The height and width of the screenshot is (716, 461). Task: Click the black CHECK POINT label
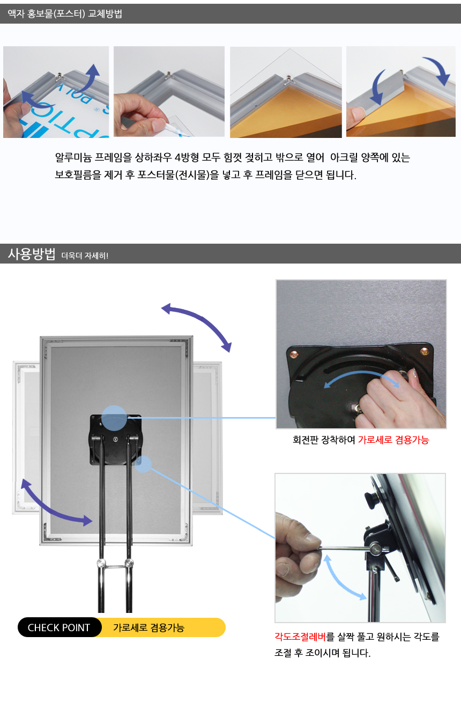point(60,627)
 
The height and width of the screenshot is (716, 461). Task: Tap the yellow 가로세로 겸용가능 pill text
point(149,627)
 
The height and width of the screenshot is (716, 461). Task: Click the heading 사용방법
point(31,254)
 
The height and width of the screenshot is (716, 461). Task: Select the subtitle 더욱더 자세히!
point(85,255)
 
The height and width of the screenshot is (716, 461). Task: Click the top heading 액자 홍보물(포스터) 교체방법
point(65,13)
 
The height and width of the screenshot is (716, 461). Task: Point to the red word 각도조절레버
point(300,637)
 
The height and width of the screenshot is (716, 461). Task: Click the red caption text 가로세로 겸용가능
point(393,440)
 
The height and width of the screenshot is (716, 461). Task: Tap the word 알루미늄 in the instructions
point(73,157)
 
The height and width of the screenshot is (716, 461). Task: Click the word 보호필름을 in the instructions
point(78,175)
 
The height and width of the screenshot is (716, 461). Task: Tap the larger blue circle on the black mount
point(114,418)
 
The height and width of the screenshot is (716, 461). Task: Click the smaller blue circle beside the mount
point(143,464)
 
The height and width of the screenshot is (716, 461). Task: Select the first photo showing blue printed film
point(56,92)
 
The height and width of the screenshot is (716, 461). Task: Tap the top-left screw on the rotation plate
point(294,354)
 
